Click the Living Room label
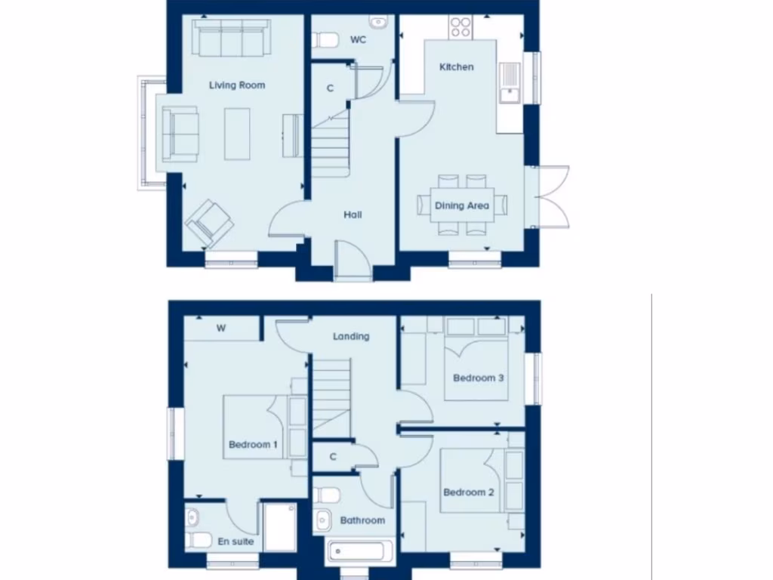coord(237,85)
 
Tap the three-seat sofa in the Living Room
coord(231,37)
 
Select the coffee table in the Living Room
coord(237,134)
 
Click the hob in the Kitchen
coord(460,29)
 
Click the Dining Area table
coord(461,205)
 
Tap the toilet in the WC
coord(325,39)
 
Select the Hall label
coord(353,215)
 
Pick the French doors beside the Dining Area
coord(550,196)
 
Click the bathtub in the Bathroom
coord(359,551)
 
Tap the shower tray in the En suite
coord(279,526)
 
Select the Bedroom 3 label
coord(479,378)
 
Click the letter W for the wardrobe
coord(221,328)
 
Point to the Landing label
coord(351,336)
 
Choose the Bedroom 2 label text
coord(469,492)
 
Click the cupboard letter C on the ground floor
coord(330,88)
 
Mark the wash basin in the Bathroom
coord(323,520)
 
